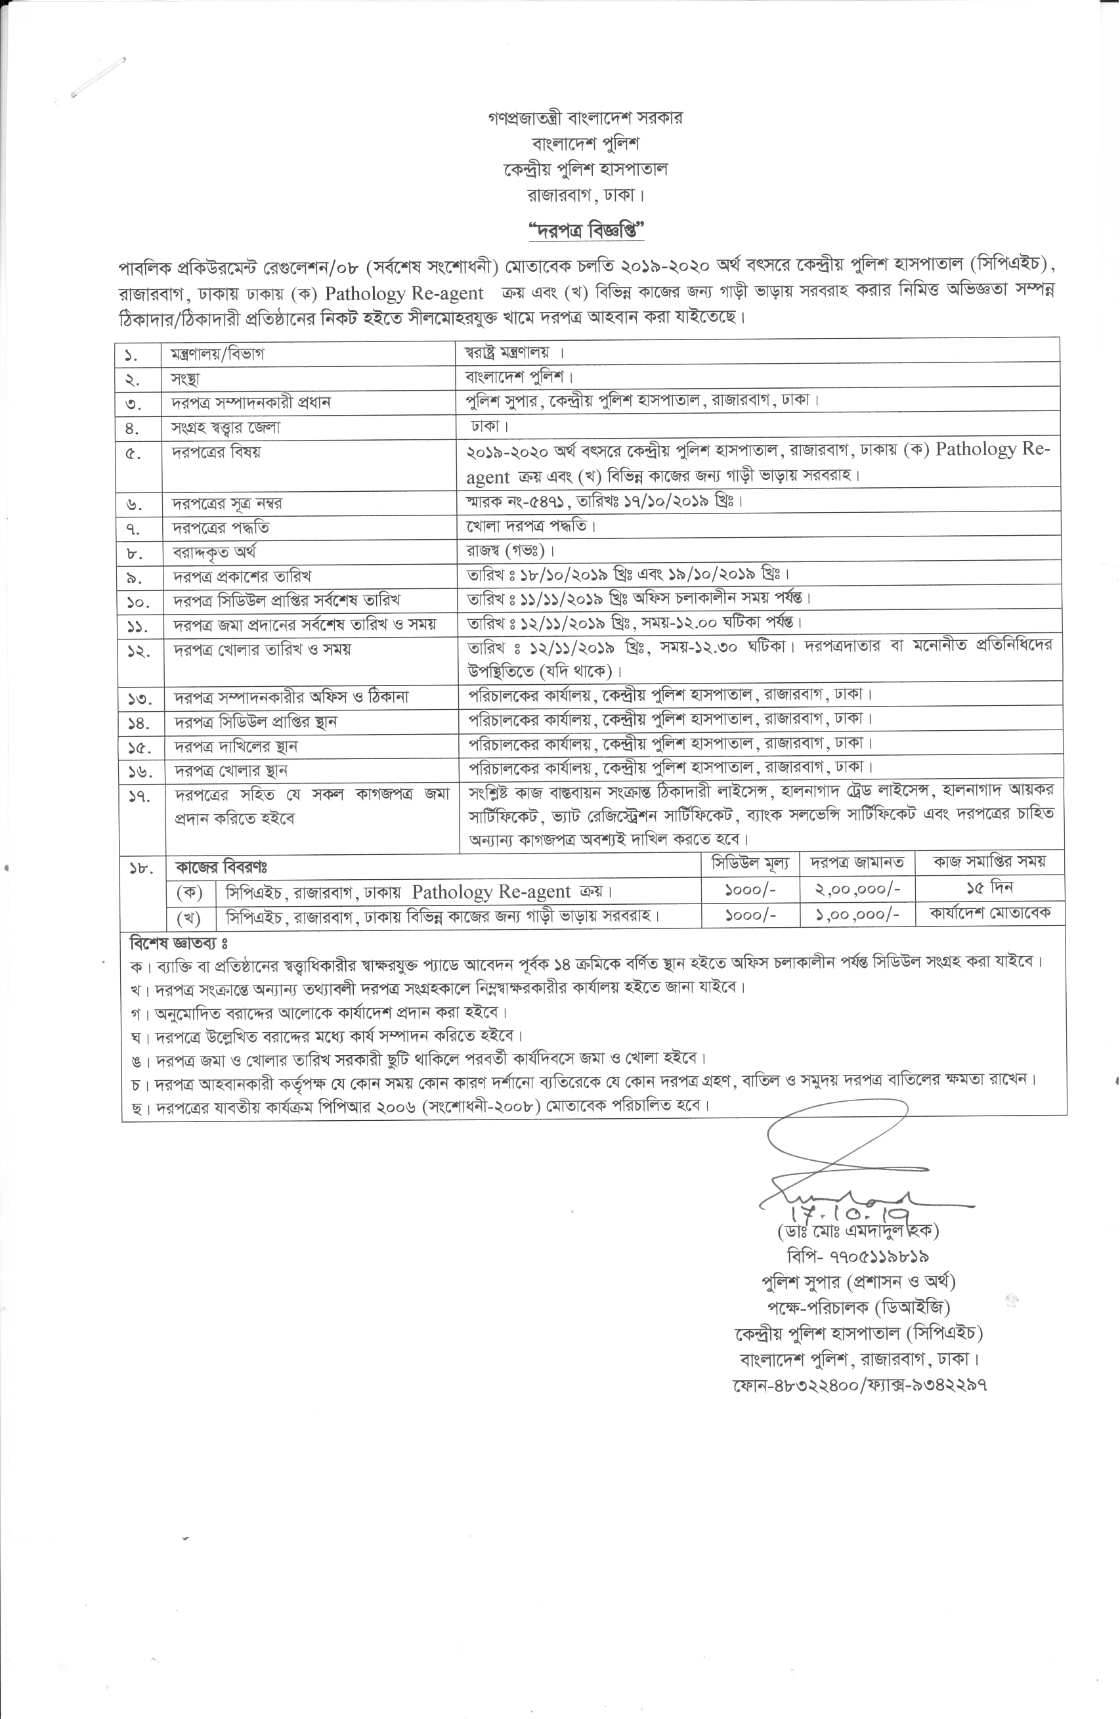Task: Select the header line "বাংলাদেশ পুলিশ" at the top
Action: [585, 143]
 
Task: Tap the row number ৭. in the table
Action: [135, 528]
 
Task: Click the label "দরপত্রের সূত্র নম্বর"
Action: [226, 503]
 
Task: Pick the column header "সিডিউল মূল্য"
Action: [750, 862]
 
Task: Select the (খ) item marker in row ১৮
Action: [189, 917]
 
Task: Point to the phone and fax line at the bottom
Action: [859, 1385]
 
